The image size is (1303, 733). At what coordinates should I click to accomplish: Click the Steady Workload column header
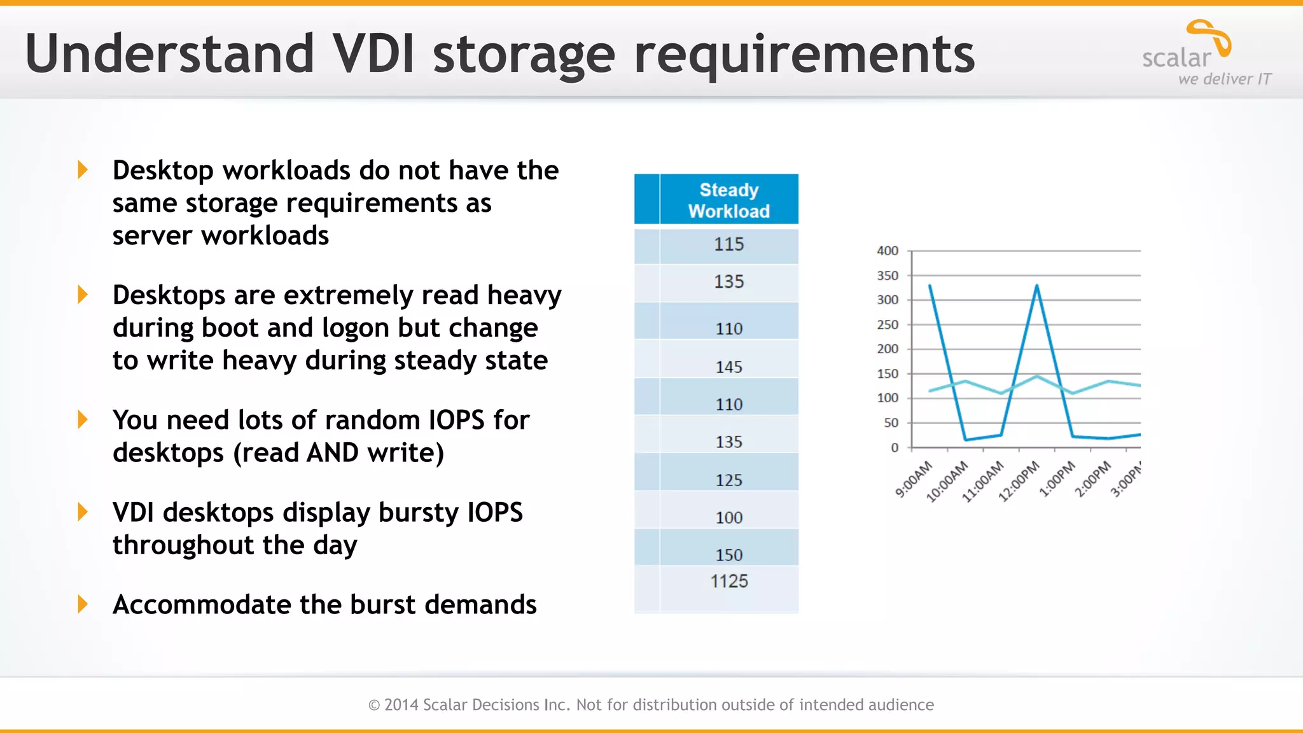728,200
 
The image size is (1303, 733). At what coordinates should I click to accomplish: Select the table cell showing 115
728,244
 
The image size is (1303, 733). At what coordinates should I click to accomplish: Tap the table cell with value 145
728,366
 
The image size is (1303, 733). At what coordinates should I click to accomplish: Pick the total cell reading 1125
728,581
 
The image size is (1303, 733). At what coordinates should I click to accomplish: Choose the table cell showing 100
728,517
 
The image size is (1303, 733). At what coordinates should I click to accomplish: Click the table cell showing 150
728,555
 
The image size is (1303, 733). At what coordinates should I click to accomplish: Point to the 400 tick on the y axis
888,251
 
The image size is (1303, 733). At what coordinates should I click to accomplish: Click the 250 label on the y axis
888,325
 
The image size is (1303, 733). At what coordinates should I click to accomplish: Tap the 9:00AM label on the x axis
914,479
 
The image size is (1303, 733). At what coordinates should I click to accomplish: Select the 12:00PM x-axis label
1019,481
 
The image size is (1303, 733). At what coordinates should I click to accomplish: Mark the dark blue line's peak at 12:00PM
1037,286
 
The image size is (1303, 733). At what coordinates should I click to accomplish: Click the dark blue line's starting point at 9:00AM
930,285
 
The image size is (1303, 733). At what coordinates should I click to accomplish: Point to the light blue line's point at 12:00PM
1037,376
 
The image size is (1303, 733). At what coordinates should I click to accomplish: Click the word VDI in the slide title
374,53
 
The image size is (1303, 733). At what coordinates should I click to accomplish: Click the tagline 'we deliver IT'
1224,80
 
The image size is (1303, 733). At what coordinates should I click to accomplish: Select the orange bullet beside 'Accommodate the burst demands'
83,604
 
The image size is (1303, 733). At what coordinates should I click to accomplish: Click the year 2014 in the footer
401,705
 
